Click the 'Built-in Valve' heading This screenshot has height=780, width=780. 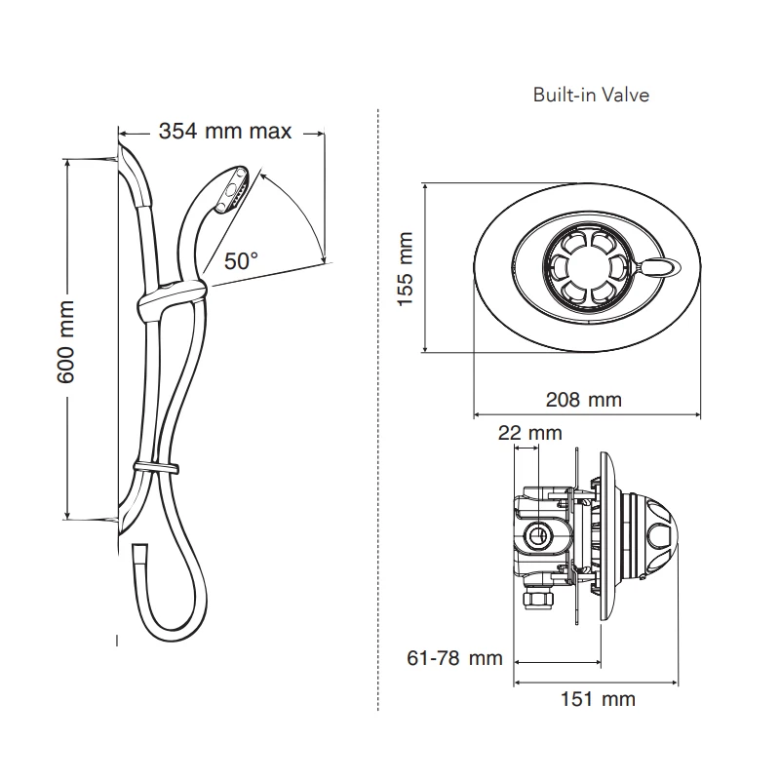coord(591,96)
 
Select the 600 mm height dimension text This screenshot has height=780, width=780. coord(67,340)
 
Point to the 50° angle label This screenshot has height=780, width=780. coord(241,260)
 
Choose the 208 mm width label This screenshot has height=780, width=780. coord(584,400)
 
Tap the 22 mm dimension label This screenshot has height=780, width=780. coord(529,433)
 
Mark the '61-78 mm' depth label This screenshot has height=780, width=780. coord(453,658)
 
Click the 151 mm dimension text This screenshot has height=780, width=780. coord(597,698)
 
